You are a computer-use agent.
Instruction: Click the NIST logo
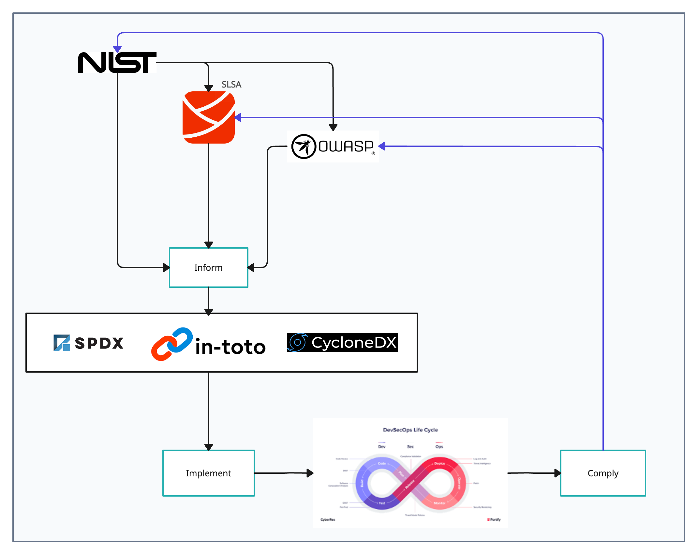tap(117, 63)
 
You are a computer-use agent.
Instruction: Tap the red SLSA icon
tap(209, 117)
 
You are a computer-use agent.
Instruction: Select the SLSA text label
tap(231, 85)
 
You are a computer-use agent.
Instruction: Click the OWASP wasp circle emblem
tap(304, 146)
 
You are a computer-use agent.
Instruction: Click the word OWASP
tap(346, 146)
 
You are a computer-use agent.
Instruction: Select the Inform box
tap(209, 268)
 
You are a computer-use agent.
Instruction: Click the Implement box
tap(209, 473)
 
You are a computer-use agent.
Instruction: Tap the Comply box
tap(603, 473)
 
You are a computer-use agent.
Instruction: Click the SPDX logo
tap(88, 343)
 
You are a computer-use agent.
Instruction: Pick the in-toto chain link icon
tap(172, 344)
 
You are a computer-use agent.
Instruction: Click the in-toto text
tap(230, 347)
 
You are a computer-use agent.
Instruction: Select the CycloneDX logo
tap(342, 342)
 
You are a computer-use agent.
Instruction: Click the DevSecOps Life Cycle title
tap(410, 430)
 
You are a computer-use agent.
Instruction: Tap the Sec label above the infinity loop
tap(410, 446)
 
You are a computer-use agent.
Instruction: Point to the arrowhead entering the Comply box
tap(557, 473)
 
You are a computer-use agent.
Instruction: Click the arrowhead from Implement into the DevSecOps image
tap(310, 473)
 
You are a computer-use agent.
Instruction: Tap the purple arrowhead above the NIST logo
tap(117, 49)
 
